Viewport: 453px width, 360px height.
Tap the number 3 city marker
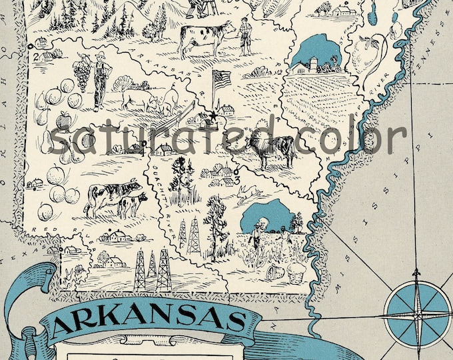tap(238, 179)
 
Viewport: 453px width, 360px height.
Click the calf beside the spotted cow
tap(133, 203)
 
